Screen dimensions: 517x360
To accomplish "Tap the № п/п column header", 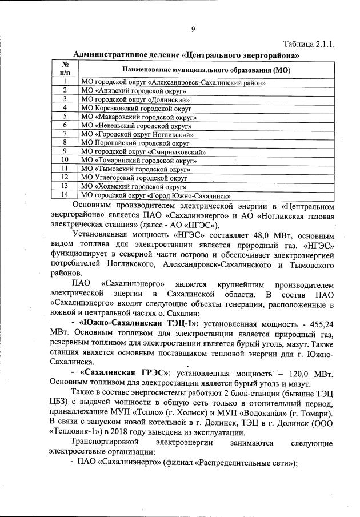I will pyautogui.click(x=66, y=69).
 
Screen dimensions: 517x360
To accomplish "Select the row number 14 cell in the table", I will pyautogui.click(x=66, y=194).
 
